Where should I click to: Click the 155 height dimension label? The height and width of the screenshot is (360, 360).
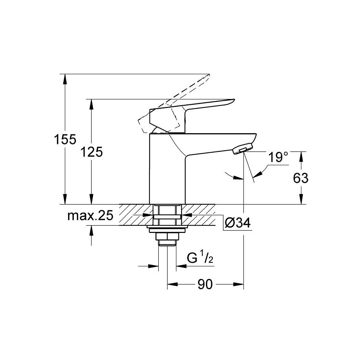[x=65, y=139]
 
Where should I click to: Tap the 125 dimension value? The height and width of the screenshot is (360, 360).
[x=91, y=152]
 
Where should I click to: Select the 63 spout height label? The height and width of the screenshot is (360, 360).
[x=301, y=178]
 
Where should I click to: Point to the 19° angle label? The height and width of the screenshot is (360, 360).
[x=278, y=157]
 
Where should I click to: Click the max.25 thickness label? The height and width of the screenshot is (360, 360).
[x=90, y=216]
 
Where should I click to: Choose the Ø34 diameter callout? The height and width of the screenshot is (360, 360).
[x=238, y=222]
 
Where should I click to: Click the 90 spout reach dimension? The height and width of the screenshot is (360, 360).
[x=205, y=284]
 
